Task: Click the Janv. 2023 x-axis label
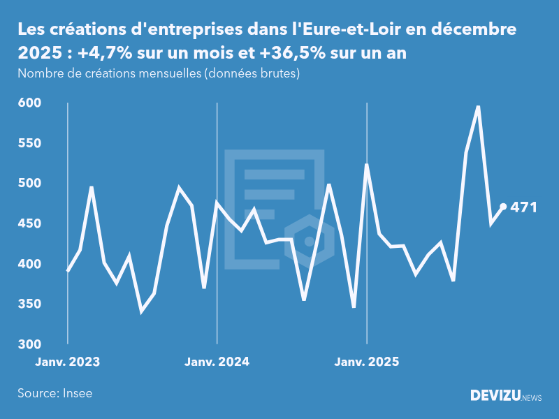[68, 362]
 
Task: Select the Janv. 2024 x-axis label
[217, 362]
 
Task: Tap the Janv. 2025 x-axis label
[367, 362]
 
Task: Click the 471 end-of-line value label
[523, 207]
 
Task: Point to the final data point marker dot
[503, 207]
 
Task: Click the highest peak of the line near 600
[478, 107]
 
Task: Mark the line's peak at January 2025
[367, 165]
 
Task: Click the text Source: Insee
[55, 393]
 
